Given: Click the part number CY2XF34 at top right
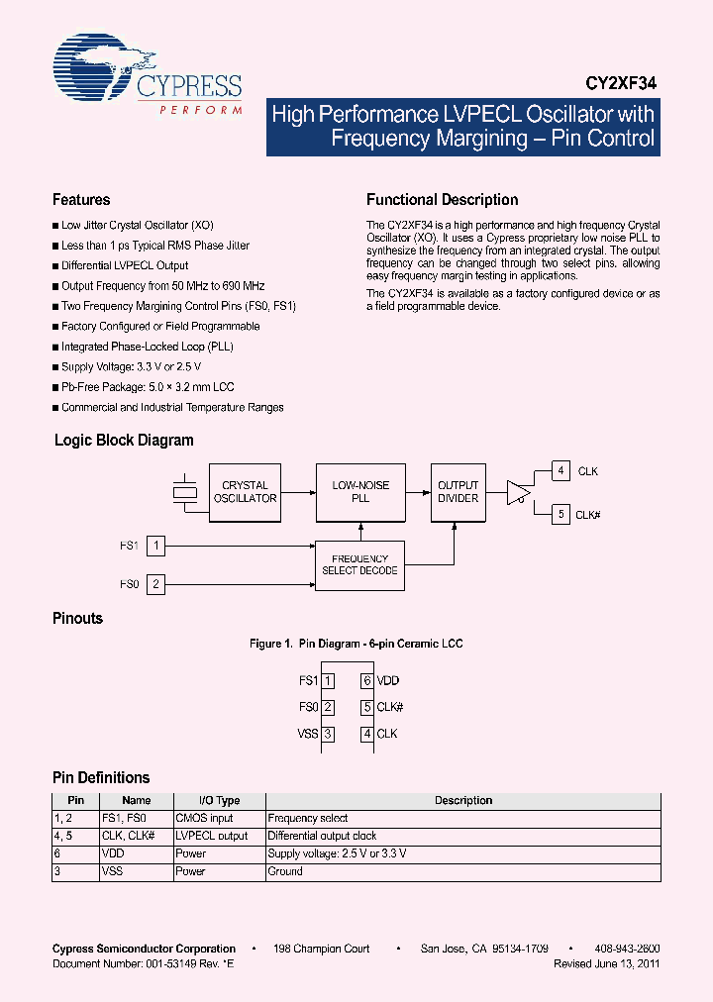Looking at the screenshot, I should pyautogui.click(x=617, y=85).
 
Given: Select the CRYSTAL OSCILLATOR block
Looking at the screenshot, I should pyautogui.click(x=245, y=492).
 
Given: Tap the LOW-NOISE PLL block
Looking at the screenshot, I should pyautogui.click(x=360, y=492).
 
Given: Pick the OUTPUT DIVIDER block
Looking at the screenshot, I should pyautogui.click(x=458, y=492).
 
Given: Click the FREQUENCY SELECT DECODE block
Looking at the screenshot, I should pyautogui.click(x=359, y=565).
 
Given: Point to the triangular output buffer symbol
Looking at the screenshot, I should pyautogui.click(x=518, y=491).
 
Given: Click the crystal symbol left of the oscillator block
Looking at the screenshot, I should pyautogui.click(x=184, y=492).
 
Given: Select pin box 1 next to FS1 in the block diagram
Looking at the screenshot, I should pyautogui.click(x=155, y=545).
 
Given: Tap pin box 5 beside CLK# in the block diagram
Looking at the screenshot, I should pyautogui.click(x=560, y=514).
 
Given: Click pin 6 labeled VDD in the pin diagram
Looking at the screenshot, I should pyautogui.click(x=366, y=681).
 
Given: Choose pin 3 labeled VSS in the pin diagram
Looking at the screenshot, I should pyautogui.click(x=328, y=734).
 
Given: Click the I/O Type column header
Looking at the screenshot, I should pyautogui.click(x=219, y=800).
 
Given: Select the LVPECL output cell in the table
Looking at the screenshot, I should pyautogui.click(x=211, y=836).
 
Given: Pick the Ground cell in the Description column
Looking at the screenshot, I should pyautogui.click(x=285, y=871).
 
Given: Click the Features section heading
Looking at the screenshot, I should pyautogui.click(x=81, y=200).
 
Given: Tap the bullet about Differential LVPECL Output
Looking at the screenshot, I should pyautogui.click(x=125, y=265).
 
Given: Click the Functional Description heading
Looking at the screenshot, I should pyautogui.click(x=442, y=200).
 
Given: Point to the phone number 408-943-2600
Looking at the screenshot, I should pyautogui.click(x=627, y=949).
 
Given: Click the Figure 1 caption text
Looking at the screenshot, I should pyautogui.click(x=356, y=644).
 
